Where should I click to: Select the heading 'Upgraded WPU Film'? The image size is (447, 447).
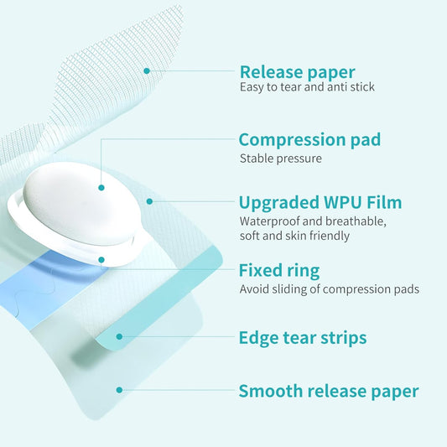pos(320,202)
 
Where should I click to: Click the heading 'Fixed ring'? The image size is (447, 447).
pos(278,270)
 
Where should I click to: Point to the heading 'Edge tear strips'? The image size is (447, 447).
pos(302,338)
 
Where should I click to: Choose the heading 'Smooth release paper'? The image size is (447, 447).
pos(328,391)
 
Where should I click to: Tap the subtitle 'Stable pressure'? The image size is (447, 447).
pos(280,158)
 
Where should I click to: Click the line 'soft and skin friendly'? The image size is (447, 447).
pos(294,236)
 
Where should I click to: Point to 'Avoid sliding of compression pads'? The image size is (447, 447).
pos(329,289)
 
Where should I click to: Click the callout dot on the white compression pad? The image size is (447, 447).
pos(101,188)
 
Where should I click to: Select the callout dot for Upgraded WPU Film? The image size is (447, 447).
pos(149,201)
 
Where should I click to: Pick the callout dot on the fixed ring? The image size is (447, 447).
pos(101,260)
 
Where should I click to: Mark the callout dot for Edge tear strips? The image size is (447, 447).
pos(119,337)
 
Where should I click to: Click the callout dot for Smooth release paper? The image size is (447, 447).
pos(119,390)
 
